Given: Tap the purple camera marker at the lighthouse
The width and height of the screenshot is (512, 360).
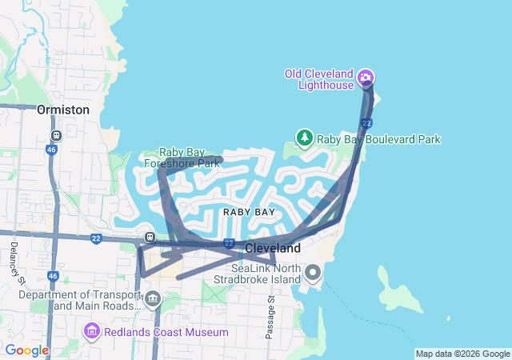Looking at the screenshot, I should (x=366, y=77).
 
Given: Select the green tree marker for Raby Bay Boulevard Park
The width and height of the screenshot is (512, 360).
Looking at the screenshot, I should (x=304, y=138).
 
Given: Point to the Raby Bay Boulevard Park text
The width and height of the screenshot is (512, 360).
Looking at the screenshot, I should (x=378, y=139).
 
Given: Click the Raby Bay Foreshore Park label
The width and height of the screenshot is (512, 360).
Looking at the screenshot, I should (x=182, y=158).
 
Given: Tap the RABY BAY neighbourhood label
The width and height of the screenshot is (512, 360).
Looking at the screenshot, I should (x=249, y=212).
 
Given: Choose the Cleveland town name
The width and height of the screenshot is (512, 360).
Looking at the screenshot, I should (x=272, y=248).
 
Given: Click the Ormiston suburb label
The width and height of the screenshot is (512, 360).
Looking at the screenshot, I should (x=63, y=110).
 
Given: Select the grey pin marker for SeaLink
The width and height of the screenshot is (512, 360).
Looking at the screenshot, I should (x=313, y=275).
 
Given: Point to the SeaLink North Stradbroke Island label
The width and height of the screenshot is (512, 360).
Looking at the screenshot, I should (x=258, y=274).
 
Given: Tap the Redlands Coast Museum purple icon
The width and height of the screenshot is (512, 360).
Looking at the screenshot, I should (x=92, y=331).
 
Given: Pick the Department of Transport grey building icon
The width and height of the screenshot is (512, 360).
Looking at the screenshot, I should (x=153, y=300).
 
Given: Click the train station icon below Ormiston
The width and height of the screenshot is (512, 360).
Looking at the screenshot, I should (x=55, y=136).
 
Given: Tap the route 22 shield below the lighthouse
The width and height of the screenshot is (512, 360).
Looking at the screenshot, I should (x=366, y=122).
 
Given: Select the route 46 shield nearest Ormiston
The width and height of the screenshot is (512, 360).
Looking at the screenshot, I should (x=52, y=149).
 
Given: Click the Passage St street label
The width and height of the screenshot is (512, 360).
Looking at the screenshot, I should (x=270, y=316).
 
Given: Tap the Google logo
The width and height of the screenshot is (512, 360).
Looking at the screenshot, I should (x=26, y=350).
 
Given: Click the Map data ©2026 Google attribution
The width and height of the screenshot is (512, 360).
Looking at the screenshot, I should (x=462, y=354).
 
